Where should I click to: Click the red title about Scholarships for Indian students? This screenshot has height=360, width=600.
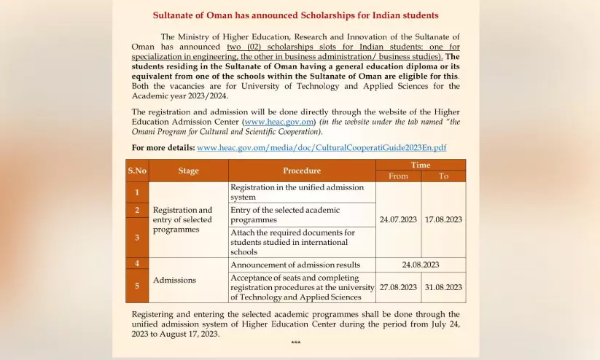[x=295, y=15]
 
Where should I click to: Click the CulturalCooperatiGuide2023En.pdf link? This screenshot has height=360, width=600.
[x=322, y=147]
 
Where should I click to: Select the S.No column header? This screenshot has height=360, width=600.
[x=137, y=171]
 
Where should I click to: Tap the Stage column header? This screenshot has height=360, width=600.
[x=188, y=171]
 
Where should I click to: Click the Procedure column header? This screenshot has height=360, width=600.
[x=302, y=171]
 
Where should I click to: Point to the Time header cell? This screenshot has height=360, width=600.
[x=421, y=165]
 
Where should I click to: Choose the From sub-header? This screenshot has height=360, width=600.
[x=399, y=176]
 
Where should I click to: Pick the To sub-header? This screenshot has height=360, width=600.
[x=443, y=176]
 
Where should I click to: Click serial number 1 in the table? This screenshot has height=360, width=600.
[x=137, y=192]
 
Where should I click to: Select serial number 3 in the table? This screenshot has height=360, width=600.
[x=137, y=238]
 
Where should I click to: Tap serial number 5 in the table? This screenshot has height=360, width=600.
[x=137, y=286]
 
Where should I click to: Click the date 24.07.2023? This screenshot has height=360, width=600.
[x=399, y=219]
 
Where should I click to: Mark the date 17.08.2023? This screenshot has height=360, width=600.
[x=443, y=219]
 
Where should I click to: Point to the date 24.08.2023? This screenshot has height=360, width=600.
[x=421, y=265]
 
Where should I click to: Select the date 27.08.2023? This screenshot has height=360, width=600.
[x=399, y=287]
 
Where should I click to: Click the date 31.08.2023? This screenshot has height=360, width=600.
[x=443, y=287]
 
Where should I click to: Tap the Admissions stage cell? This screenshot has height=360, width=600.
[x=175, y=280]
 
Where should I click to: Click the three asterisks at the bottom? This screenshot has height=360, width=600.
[x=295, y=343]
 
